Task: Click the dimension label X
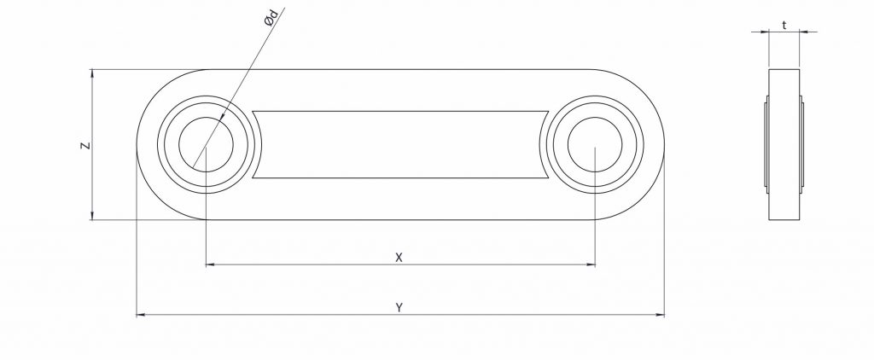click(399, 256)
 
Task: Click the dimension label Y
click(399, 307)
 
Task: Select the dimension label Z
click(84, 146)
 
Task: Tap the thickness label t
click(784, 26)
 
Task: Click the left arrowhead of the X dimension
click(211, 265)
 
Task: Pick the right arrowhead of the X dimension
click(590, 265)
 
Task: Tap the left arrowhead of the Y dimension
click(142, 316)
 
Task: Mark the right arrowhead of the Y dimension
click(659, 316)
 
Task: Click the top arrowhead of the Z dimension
click(90, 75)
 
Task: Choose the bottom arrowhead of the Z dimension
click(90, 215)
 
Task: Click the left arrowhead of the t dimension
click(765, 32)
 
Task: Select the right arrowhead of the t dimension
click(803, 32)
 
